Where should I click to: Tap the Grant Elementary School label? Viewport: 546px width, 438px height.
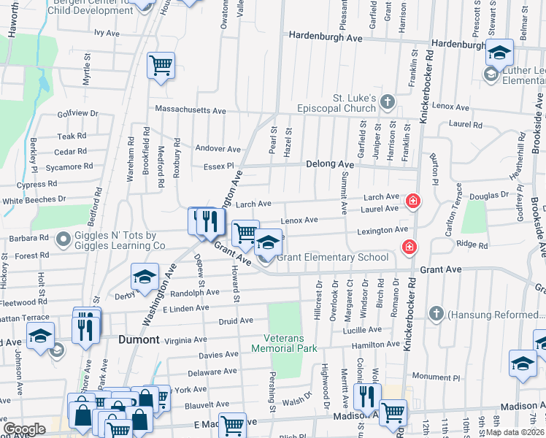point(332,257)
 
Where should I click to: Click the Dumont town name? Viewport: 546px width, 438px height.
point(139,339)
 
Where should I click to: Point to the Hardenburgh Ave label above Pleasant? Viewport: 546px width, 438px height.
point(326,36)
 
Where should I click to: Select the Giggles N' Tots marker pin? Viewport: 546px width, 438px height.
point(64,238)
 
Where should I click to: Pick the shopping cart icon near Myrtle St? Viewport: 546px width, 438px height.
point(161,65)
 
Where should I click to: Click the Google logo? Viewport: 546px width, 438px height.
point(25,429)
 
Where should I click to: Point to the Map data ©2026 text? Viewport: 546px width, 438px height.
point(515,432)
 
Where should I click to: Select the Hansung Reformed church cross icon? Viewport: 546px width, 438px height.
point(436,314)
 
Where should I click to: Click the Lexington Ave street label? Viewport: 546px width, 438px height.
point(382,230)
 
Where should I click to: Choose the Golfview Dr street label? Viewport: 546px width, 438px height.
point(77,113)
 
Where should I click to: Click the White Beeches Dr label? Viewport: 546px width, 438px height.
point(34,199)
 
